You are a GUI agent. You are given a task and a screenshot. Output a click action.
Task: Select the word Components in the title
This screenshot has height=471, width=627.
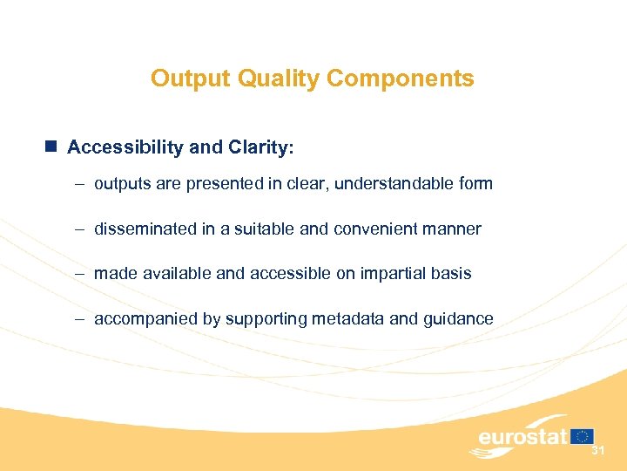point(400,78)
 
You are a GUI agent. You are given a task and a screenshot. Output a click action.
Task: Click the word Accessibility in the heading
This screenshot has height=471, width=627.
point(125,147)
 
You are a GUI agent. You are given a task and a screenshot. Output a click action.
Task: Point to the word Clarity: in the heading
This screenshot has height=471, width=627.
point(260,147)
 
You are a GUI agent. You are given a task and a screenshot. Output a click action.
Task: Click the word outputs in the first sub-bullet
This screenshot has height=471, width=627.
point(121,184)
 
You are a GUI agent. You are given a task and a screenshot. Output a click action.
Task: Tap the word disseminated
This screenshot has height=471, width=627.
point(142,229)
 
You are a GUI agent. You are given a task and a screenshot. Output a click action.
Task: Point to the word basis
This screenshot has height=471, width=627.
point(452,274)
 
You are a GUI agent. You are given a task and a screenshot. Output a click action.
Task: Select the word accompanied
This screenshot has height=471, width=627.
point(145,319)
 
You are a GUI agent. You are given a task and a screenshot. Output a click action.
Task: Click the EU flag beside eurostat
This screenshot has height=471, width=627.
point(583,436)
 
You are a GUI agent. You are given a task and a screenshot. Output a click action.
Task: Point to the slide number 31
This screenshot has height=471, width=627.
point(598,451)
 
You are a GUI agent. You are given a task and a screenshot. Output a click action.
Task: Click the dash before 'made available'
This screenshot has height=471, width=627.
point(78,274)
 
